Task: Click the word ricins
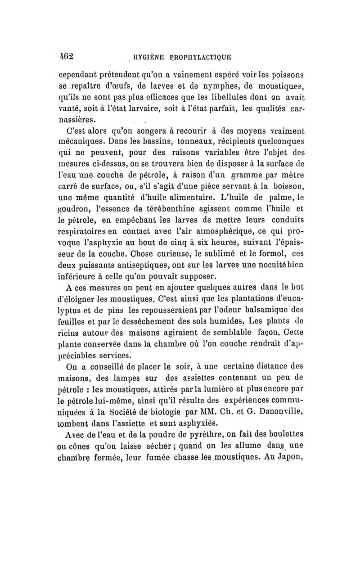point(70,334)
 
